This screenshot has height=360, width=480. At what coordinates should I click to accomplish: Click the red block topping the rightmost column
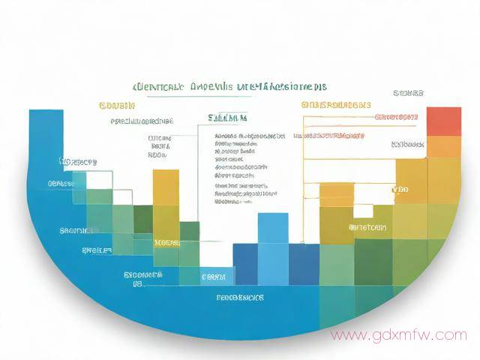coord(443,121)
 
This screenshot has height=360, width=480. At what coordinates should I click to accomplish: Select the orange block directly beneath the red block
coord(443,147)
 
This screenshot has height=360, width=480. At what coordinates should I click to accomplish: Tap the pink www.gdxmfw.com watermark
coord(398,334)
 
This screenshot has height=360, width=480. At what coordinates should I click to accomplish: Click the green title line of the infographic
coord(229,87)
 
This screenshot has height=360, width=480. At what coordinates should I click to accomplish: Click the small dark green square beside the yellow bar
coord(143,218)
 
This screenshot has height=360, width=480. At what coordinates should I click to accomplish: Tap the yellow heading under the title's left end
coord(116,106)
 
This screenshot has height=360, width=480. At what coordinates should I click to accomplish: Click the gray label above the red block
coord(408,93)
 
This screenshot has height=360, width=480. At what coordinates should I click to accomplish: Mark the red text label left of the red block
coord(396,118)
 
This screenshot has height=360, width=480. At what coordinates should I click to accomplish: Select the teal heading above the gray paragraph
coord(228,118)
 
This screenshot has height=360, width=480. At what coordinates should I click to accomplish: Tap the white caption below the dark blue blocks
coord(240,298)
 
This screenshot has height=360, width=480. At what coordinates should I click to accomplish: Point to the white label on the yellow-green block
coord(367,226)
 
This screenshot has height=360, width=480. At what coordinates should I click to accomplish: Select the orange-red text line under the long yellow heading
coord(328,136)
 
